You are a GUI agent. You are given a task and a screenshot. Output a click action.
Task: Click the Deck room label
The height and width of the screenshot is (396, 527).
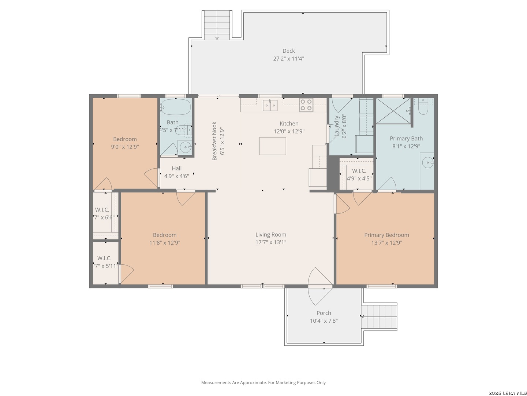288,51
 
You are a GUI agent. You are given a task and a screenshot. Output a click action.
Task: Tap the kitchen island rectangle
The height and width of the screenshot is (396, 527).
272,146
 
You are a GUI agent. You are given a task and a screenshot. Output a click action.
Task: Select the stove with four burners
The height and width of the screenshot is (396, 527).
306,105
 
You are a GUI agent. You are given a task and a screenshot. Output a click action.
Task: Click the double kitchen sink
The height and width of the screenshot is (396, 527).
270,105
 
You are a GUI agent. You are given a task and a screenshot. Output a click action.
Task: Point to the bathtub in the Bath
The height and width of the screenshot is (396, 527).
176,107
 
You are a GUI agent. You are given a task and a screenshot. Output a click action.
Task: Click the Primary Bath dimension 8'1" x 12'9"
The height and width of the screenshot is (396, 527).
406,146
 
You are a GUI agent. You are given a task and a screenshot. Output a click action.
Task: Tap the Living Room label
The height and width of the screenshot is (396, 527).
270,235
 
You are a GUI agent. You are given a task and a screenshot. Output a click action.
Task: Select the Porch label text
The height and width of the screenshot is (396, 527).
324,313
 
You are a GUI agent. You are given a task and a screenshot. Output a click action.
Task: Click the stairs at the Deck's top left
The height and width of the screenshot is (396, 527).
217,25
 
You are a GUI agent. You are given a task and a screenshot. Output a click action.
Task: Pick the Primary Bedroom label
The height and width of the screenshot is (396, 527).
386,235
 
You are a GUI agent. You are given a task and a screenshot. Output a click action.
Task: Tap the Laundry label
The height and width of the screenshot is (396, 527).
336,126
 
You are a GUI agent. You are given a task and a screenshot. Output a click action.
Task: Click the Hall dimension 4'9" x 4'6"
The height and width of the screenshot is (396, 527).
176,176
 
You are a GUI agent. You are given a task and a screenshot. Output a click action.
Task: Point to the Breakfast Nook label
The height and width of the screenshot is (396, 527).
214,141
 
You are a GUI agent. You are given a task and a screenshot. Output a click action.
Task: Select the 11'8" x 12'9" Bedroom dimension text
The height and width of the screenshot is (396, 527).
165,242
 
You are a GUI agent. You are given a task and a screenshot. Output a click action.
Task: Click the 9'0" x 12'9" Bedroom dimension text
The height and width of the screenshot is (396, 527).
125,147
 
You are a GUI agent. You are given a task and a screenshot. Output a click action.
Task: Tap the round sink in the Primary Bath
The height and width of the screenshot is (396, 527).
427,162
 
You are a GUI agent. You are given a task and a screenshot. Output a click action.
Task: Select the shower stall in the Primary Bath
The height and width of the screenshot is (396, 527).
393,111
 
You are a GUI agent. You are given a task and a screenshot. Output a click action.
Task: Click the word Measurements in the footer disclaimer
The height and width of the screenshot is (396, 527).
216,382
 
